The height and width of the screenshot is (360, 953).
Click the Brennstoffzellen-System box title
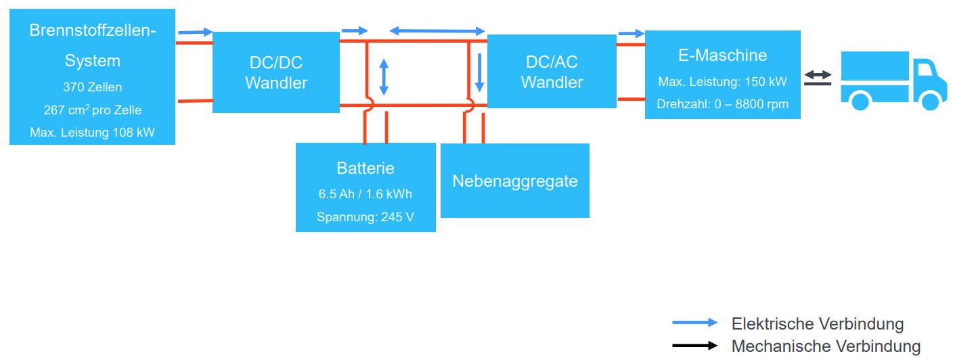[93, 45]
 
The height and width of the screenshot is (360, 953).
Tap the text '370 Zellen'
[93, 87]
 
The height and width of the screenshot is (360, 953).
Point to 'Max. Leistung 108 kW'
[93, 132]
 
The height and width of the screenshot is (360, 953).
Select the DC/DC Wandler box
[276, 73]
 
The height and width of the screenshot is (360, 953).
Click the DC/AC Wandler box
[552, 72]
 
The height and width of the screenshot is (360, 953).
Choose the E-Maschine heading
[722, 55]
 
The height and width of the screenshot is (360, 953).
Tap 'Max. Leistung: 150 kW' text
[722, 82]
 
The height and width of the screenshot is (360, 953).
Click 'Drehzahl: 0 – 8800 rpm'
[722, 104]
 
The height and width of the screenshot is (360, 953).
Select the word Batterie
[365, 168]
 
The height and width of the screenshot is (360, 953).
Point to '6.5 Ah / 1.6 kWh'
[365, 194]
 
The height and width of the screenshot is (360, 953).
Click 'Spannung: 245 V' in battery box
[365, 217]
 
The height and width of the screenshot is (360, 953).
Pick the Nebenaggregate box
[515, 181]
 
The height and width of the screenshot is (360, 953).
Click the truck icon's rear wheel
[860, 102]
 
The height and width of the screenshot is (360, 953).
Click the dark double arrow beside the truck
[818, 77]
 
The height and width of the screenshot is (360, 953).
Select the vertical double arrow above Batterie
[384, 77]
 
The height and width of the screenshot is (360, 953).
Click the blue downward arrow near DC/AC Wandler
[479, 73]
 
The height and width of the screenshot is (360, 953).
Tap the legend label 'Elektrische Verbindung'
[818, 323]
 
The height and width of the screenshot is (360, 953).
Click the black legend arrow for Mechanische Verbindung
[694, 346]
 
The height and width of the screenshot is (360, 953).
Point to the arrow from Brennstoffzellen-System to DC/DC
[195, 32]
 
